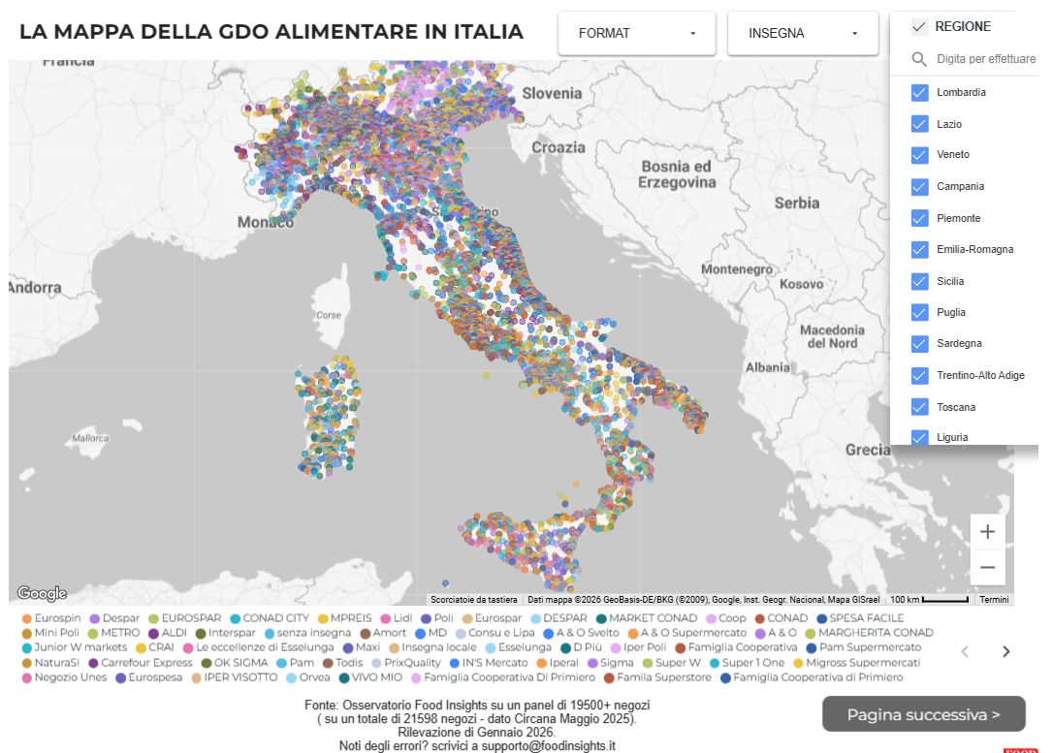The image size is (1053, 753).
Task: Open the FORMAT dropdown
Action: pyautogui.click(x=636, y=33)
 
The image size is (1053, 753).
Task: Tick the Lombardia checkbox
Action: pyautogui.click(x=920, y=93)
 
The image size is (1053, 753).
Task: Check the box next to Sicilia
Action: pyautogui.click(x=920, y=281)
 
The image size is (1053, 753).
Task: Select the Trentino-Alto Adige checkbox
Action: pyautogui.click(x=920, y=375)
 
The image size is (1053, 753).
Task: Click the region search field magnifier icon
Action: pyautogui.click(x=919, y=59)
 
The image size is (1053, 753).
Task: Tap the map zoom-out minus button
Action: pyautogui.click(x=987, y=568)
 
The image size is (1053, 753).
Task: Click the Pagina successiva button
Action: pyautogui.click(x=923, y=715)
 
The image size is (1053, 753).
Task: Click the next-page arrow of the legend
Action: pyautogui.click(x=1005, y=651)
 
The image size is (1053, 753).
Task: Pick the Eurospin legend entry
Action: pyautogui.click(x=57, y=618)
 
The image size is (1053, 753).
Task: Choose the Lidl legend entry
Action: pyautogui.click(x=402, y=618)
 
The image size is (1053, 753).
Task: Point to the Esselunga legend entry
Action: pyautogui.click(x=524, y=647)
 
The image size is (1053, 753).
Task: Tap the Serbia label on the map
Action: pyautogui.click(x=796, y=204)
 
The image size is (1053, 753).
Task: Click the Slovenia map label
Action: pyautogui.click(x=552, y=93)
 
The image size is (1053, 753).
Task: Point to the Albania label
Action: pyautogui.click(x=767, y=367)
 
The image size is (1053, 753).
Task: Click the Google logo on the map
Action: pyautogui.click(x=42, y=593)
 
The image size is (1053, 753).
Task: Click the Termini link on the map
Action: pyautogui.click(x=994, y=600)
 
